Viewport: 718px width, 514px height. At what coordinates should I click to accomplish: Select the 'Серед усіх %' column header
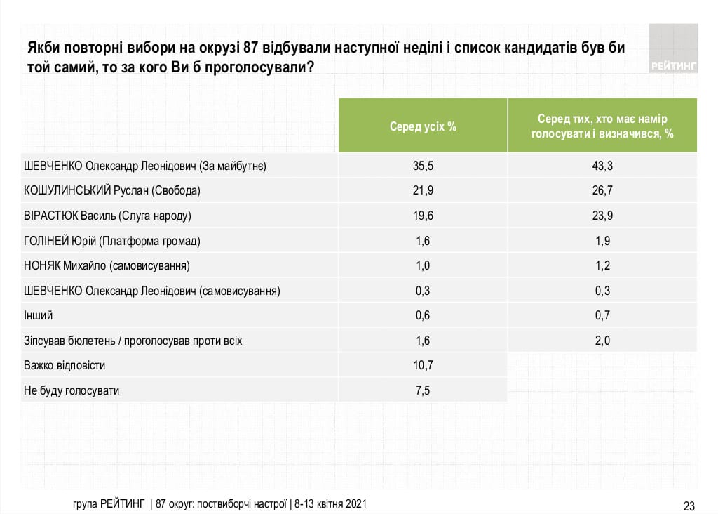[424, 126]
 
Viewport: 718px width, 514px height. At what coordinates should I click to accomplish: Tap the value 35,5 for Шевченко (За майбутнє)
[424, 166]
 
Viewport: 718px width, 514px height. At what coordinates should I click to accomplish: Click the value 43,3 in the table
[602, 166]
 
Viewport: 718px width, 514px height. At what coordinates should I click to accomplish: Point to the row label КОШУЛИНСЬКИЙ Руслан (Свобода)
[112, 191]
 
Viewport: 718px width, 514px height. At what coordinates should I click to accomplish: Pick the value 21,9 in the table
[424, 191]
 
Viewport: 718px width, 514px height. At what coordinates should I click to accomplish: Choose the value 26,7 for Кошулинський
[602, 191]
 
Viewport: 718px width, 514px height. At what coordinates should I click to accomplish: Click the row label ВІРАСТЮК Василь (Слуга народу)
[107, 216]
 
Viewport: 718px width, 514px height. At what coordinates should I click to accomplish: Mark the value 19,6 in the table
[424, 216]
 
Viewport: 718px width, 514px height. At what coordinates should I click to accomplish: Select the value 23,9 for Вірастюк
[602, 216]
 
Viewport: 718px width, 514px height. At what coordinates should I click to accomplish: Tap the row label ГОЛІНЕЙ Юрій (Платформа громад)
[112, 242]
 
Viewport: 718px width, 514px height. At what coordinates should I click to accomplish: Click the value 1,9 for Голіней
[602, 242]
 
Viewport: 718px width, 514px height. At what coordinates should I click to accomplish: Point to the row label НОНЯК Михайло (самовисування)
[107, 266]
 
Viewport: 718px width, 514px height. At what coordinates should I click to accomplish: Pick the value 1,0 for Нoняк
[424, 266]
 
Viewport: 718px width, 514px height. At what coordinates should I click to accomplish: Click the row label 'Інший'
[38, 316]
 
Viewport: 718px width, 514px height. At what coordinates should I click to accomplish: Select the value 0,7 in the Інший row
[602, 316]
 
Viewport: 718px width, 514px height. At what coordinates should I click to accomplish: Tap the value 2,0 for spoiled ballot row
[602, 341]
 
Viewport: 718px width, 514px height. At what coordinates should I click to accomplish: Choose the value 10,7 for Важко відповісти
[424, 366]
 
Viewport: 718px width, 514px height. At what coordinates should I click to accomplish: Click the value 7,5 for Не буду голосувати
[424, 390]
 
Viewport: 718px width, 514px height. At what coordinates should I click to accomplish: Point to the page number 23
[689, 506]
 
